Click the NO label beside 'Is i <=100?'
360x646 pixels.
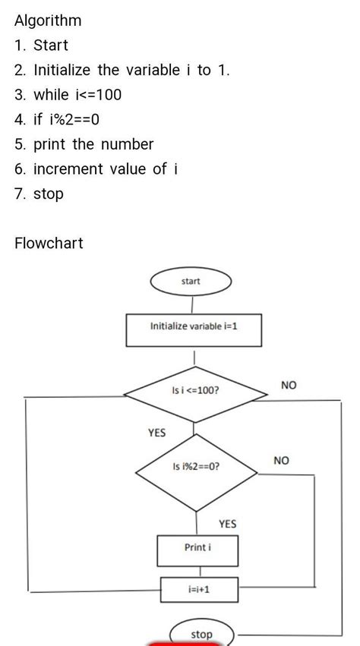tap(289, 385)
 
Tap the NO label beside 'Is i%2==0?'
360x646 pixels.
tap(281, 461)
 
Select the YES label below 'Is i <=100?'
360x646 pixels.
tap(156, 433)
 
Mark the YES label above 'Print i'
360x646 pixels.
tap(228, 524)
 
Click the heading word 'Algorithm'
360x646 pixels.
tap(48, 20)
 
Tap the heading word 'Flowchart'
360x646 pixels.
tap(49, 243)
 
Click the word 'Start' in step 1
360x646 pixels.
tap(51, 46)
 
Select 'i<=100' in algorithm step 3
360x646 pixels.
tap(98, 95)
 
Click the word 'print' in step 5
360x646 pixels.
tap(49, 144)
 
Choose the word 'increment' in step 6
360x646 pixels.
tap(68, 169)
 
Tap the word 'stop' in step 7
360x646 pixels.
tap(49, 194)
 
